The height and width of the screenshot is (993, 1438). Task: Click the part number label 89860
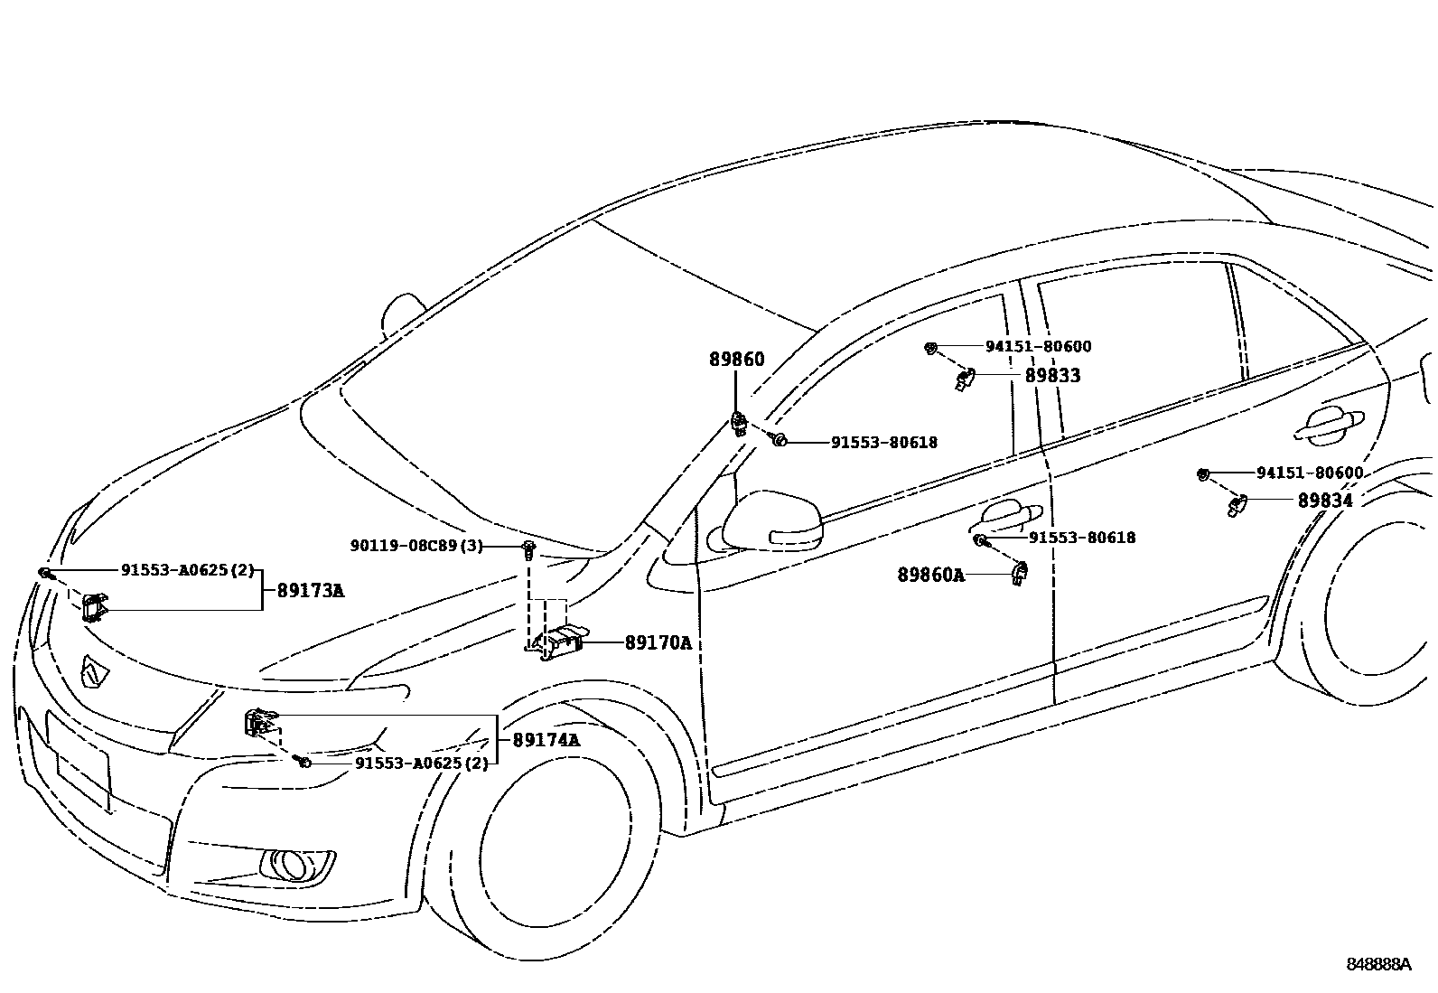pos(736,360)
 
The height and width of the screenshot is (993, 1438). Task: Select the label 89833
pos(1052,376)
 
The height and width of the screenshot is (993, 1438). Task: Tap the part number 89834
pos(1325,501)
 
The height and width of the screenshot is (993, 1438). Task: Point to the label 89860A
pos(930,575)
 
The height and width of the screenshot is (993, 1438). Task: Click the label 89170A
pos(658,643)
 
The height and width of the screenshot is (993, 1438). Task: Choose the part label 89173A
pos(310,592)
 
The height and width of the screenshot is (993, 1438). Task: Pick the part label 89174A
pos(546,740)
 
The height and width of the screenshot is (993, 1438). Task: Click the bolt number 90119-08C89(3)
pos(416,546)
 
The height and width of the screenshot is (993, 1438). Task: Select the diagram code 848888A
pos(1378,964)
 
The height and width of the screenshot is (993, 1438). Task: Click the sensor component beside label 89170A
pos(560,641)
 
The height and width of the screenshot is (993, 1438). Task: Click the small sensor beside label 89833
pos(965,379)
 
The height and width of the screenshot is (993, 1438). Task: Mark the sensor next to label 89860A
pos(1021,573)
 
